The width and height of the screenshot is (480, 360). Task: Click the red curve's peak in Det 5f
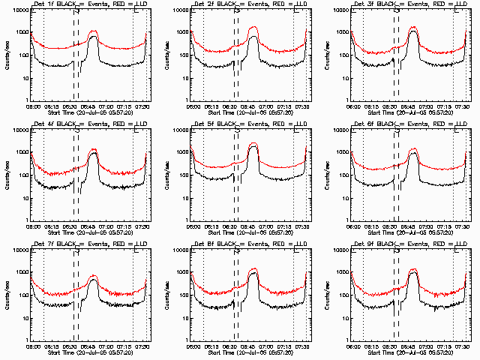(x=253, y=143)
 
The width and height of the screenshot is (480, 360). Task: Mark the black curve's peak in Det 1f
(x=93, y=37)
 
